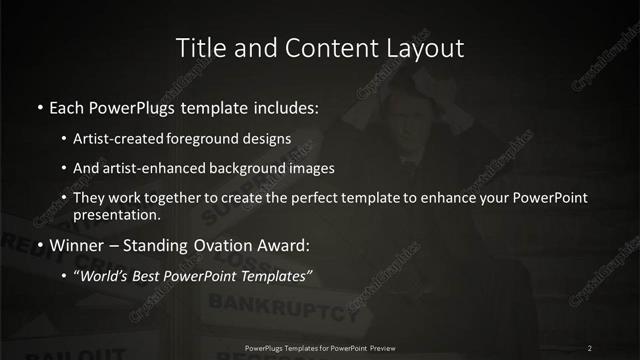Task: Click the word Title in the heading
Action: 199,47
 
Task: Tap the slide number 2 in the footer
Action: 590,348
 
